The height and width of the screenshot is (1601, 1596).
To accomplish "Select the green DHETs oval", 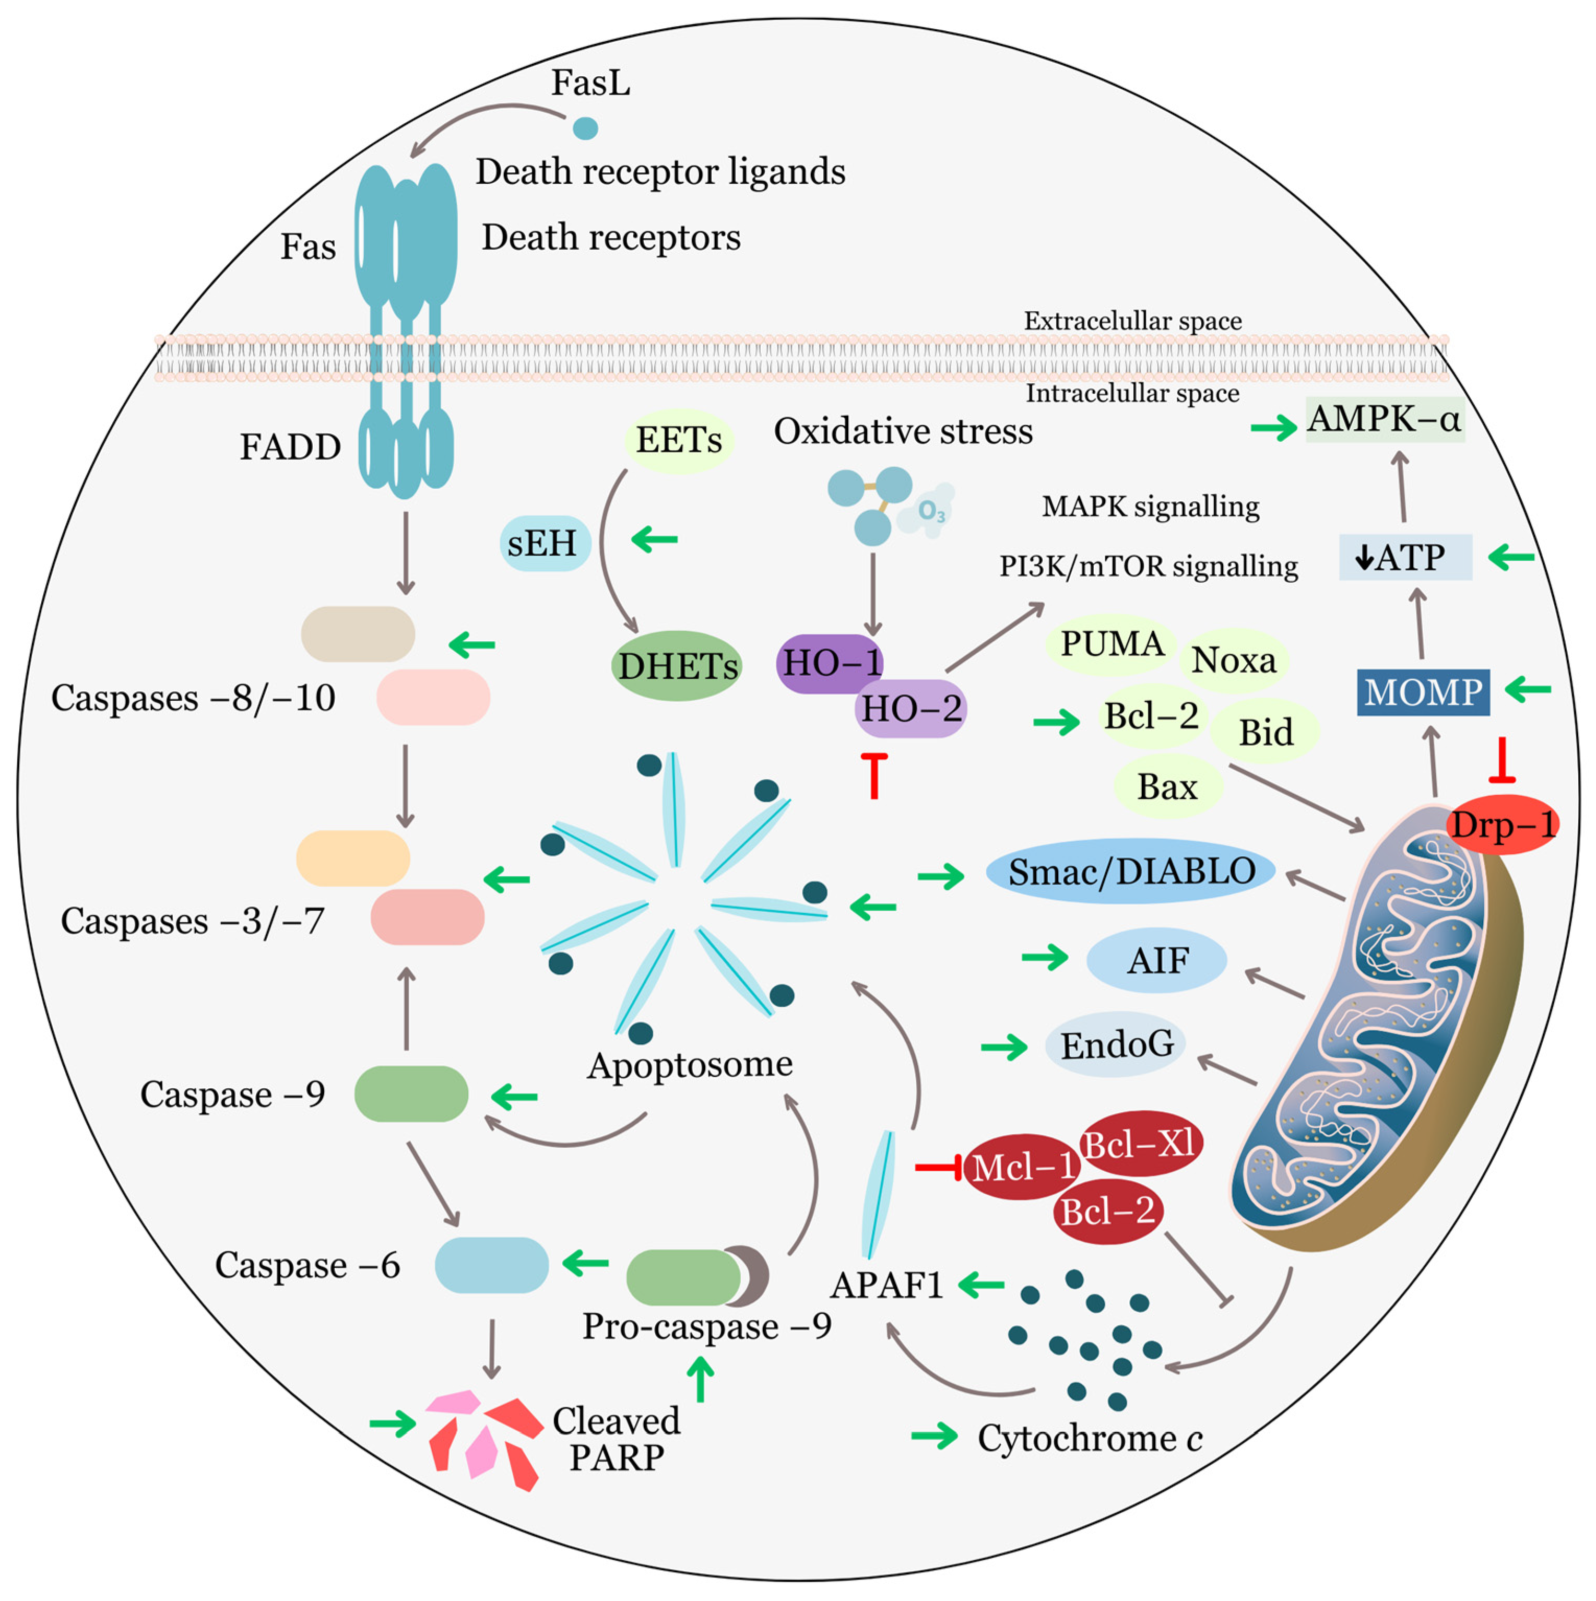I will pos(676,665).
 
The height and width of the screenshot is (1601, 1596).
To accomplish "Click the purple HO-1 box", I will pos(829,663).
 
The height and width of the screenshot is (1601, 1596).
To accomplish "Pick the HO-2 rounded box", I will pos(911,709).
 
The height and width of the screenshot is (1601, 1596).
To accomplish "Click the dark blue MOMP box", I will pos(1423,692).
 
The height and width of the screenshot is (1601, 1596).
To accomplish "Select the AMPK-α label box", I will pos(1384,419).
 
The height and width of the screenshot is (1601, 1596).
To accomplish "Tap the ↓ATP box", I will pos(1404,557).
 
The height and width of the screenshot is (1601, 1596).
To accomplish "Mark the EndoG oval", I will pos(1115,1044).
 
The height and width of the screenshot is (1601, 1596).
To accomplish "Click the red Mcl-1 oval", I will pos(1022,1167).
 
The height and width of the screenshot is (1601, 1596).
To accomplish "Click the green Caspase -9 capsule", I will pos(411,1094).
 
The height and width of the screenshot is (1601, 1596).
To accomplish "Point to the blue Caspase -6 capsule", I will pos(491,1265).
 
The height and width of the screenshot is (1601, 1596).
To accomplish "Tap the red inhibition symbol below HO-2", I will pos(873,775).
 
